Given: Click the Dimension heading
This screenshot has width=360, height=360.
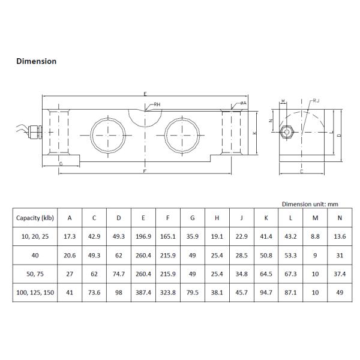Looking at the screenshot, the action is pos(36,61).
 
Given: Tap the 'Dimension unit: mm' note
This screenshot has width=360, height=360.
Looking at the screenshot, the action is pos(310,204).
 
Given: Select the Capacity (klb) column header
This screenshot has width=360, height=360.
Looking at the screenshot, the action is pos(35,218).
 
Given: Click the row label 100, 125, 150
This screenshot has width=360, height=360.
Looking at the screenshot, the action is pos(35,293).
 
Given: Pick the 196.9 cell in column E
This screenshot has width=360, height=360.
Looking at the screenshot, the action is pos(143,236).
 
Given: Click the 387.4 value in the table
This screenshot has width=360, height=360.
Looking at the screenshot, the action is pos(143,293).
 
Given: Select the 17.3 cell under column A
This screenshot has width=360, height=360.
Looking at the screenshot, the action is pos(70,236).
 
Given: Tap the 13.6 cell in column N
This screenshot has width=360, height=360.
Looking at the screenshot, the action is pos(340,236).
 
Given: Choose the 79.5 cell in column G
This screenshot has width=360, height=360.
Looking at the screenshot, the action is pos(193,293).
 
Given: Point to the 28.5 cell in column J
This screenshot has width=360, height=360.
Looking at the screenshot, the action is pos(242,256).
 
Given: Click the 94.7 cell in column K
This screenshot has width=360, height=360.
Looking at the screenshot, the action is pos(266,293).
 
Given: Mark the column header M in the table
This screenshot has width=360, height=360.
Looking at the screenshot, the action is pos(315,218).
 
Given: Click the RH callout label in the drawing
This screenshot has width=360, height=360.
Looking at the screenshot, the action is pos(157,104).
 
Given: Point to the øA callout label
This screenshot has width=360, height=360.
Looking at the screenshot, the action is pos(244,103).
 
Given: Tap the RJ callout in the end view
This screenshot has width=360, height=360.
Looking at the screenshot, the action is pos(316,101).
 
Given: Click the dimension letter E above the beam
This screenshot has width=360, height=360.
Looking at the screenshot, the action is pos(145,94).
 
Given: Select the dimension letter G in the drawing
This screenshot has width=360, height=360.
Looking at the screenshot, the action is pos(61,164).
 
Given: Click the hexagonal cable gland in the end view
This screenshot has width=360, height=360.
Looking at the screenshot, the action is pos(287,132).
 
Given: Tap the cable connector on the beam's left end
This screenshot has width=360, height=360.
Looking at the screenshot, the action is pos(35,132).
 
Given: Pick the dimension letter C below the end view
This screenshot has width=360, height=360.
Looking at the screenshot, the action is pos(302,171).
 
